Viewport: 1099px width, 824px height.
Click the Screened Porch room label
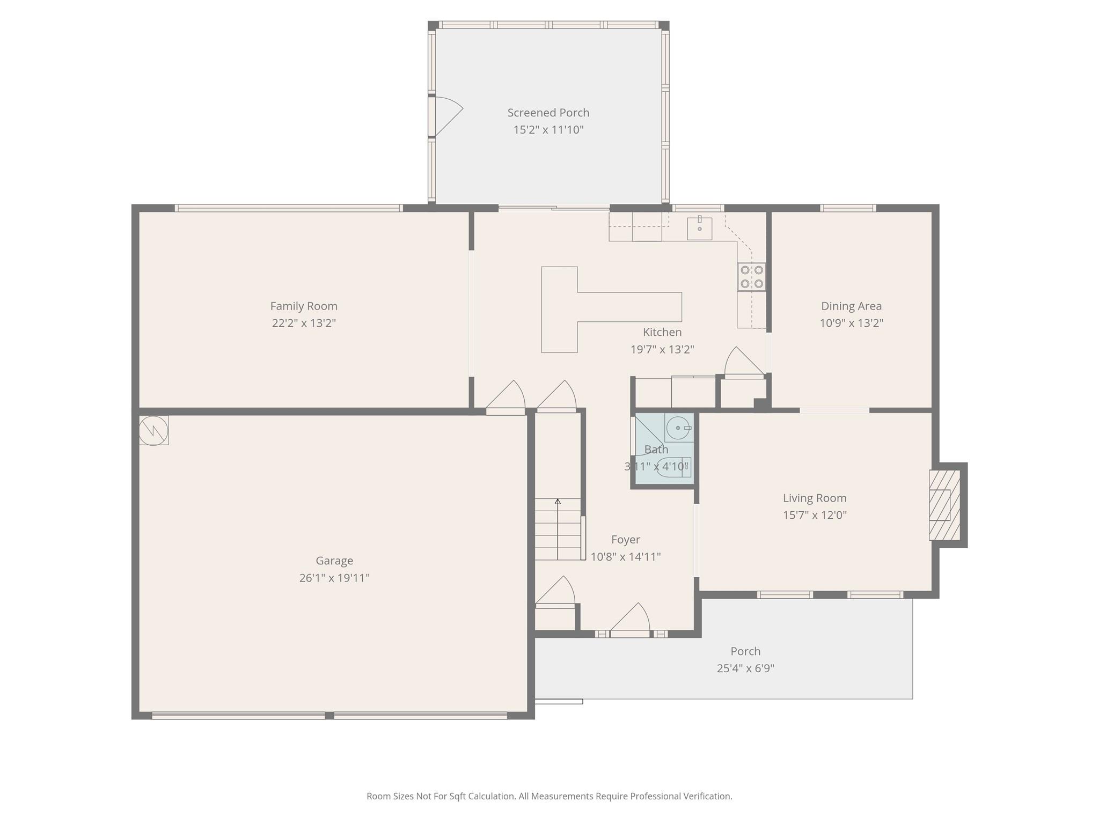(548, 113)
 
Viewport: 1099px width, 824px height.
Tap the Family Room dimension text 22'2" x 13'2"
(304, 323)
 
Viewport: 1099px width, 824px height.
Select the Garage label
(334, 561)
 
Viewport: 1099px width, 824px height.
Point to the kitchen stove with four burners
(752, 277)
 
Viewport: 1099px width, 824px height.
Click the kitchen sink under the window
(700, 229)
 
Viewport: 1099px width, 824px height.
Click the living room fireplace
(944, 505)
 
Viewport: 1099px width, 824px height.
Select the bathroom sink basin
(679, 428)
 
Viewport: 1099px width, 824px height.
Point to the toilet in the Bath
(673, 467)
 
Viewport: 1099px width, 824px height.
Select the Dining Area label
(851, 306)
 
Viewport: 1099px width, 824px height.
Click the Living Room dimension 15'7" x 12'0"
(815, 515)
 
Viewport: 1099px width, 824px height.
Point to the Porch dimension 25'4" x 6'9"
(745, 668)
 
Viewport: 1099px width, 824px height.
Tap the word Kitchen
(662, 333)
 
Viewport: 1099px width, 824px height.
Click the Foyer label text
(626, 540)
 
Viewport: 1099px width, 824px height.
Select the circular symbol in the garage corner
(153, 430)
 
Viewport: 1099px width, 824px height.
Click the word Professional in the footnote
(655, 796)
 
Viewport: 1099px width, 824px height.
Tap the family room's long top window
(289, 208)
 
